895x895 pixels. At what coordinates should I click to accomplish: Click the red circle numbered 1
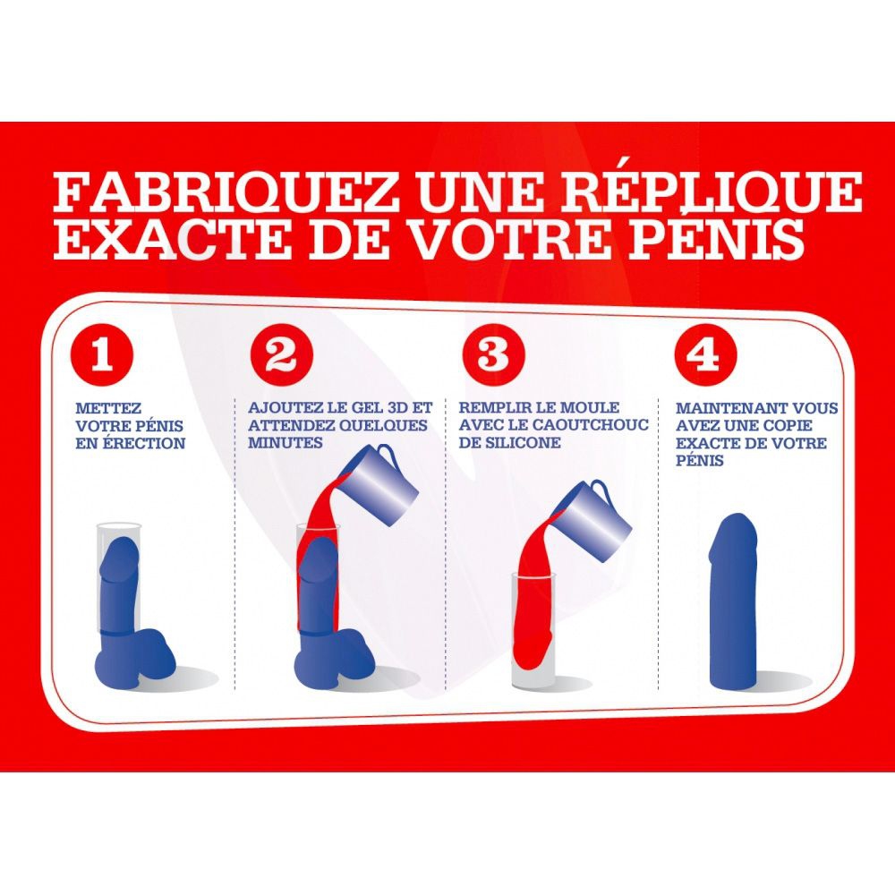click(x=102, y=355)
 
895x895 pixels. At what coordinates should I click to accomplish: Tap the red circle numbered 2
click(x=281, y=355)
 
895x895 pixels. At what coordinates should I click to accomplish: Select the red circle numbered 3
click(x=493, y=354)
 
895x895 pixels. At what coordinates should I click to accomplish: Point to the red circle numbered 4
click(x=705, y=355)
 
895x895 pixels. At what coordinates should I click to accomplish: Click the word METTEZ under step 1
click(x=108, y=409)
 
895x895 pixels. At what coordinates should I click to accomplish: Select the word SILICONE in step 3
click(x=518, y=442)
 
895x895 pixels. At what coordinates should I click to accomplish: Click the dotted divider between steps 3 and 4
click(x=658, y=543)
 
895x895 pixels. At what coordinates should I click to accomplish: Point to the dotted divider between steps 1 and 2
click(x=235, y=543)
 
